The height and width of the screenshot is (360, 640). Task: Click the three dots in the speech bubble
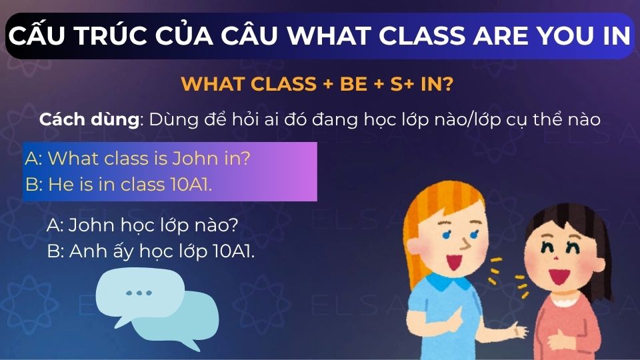139,293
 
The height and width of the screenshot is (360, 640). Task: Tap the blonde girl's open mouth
456,258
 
